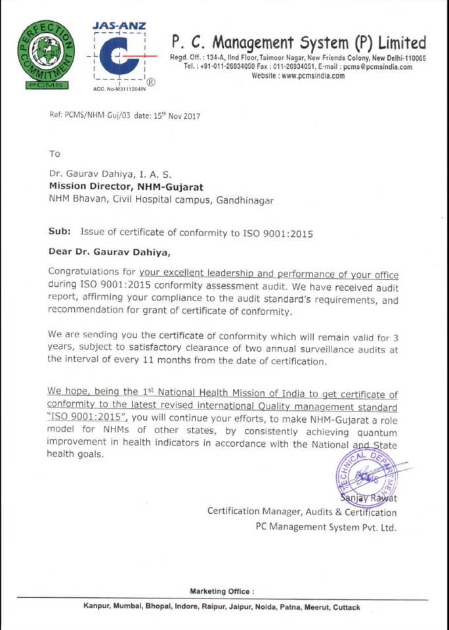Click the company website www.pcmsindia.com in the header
point(299,75)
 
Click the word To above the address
point(54,154)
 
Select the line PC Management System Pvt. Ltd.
point(326,526)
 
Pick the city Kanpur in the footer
point(96,607)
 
